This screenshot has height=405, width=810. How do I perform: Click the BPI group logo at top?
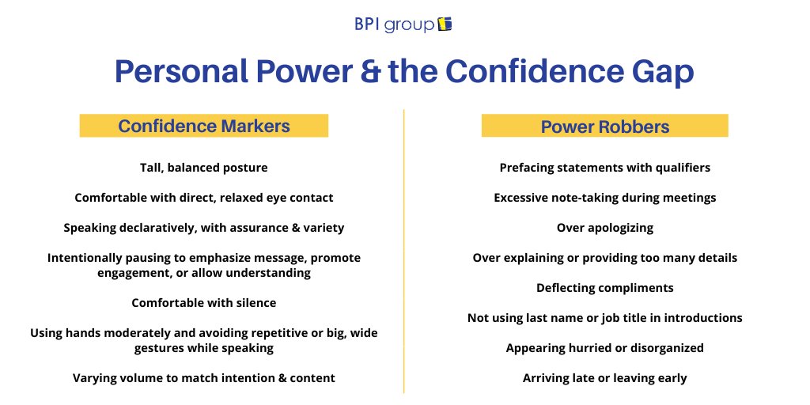point(403,25)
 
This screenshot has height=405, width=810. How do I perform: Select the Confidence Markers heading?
point(204,126)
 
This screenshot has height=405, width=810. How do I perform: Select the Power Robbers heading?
point(605,127)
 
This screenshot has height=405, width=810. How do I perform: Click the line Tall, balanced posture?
point(204,168)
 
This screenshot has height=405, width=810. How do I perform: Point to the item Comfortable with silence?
point(204,303)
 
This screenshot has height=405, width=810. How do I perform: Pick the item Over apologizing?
point(605,228)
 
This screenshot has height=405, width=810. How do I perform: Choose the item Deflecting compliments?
point(605,288)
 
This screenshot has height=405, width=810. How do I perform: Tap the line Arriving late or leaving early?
point(605,378)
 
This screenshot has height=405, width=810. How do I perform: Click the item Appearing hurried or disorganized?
point(605,348)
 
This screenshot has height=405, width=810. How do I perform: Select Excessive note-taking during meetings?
point(605,198)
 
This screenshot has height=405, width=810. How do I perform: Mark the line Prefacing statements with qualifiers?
point(605,168)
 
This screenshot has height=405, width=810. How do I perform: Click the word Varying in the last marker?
point(95,378)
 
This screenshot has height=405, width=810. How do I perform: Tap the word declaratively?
point(154,228)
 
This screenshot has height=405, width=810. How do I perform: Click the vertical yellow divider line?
point(404,253)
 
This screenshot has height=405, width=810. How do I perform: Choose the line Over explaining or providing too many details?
point(605,258)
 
